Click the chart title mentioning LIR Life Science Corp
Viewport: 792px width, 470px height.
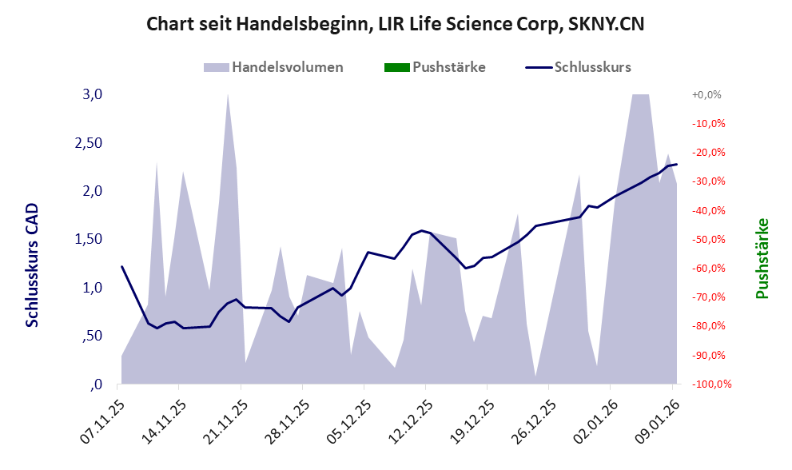[396, 25]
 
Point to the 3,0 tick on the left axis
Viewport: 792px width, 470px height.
[93, 94]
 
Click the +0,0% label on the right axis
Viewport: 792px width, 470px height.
[706, 94]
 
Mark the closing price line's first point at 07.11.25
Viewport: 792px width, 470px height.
[121, 266]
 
